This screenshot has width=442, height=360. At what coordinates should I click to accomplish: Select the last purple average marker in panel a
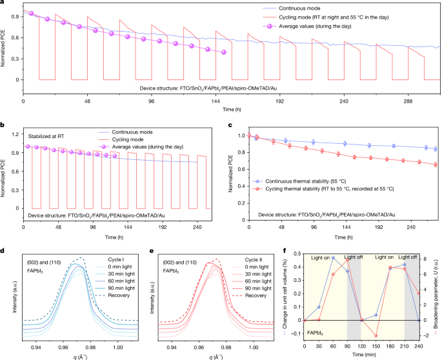(224, 53)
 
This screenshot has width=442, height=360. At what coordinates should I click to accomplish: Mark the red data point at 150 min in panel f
(375, 319)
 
